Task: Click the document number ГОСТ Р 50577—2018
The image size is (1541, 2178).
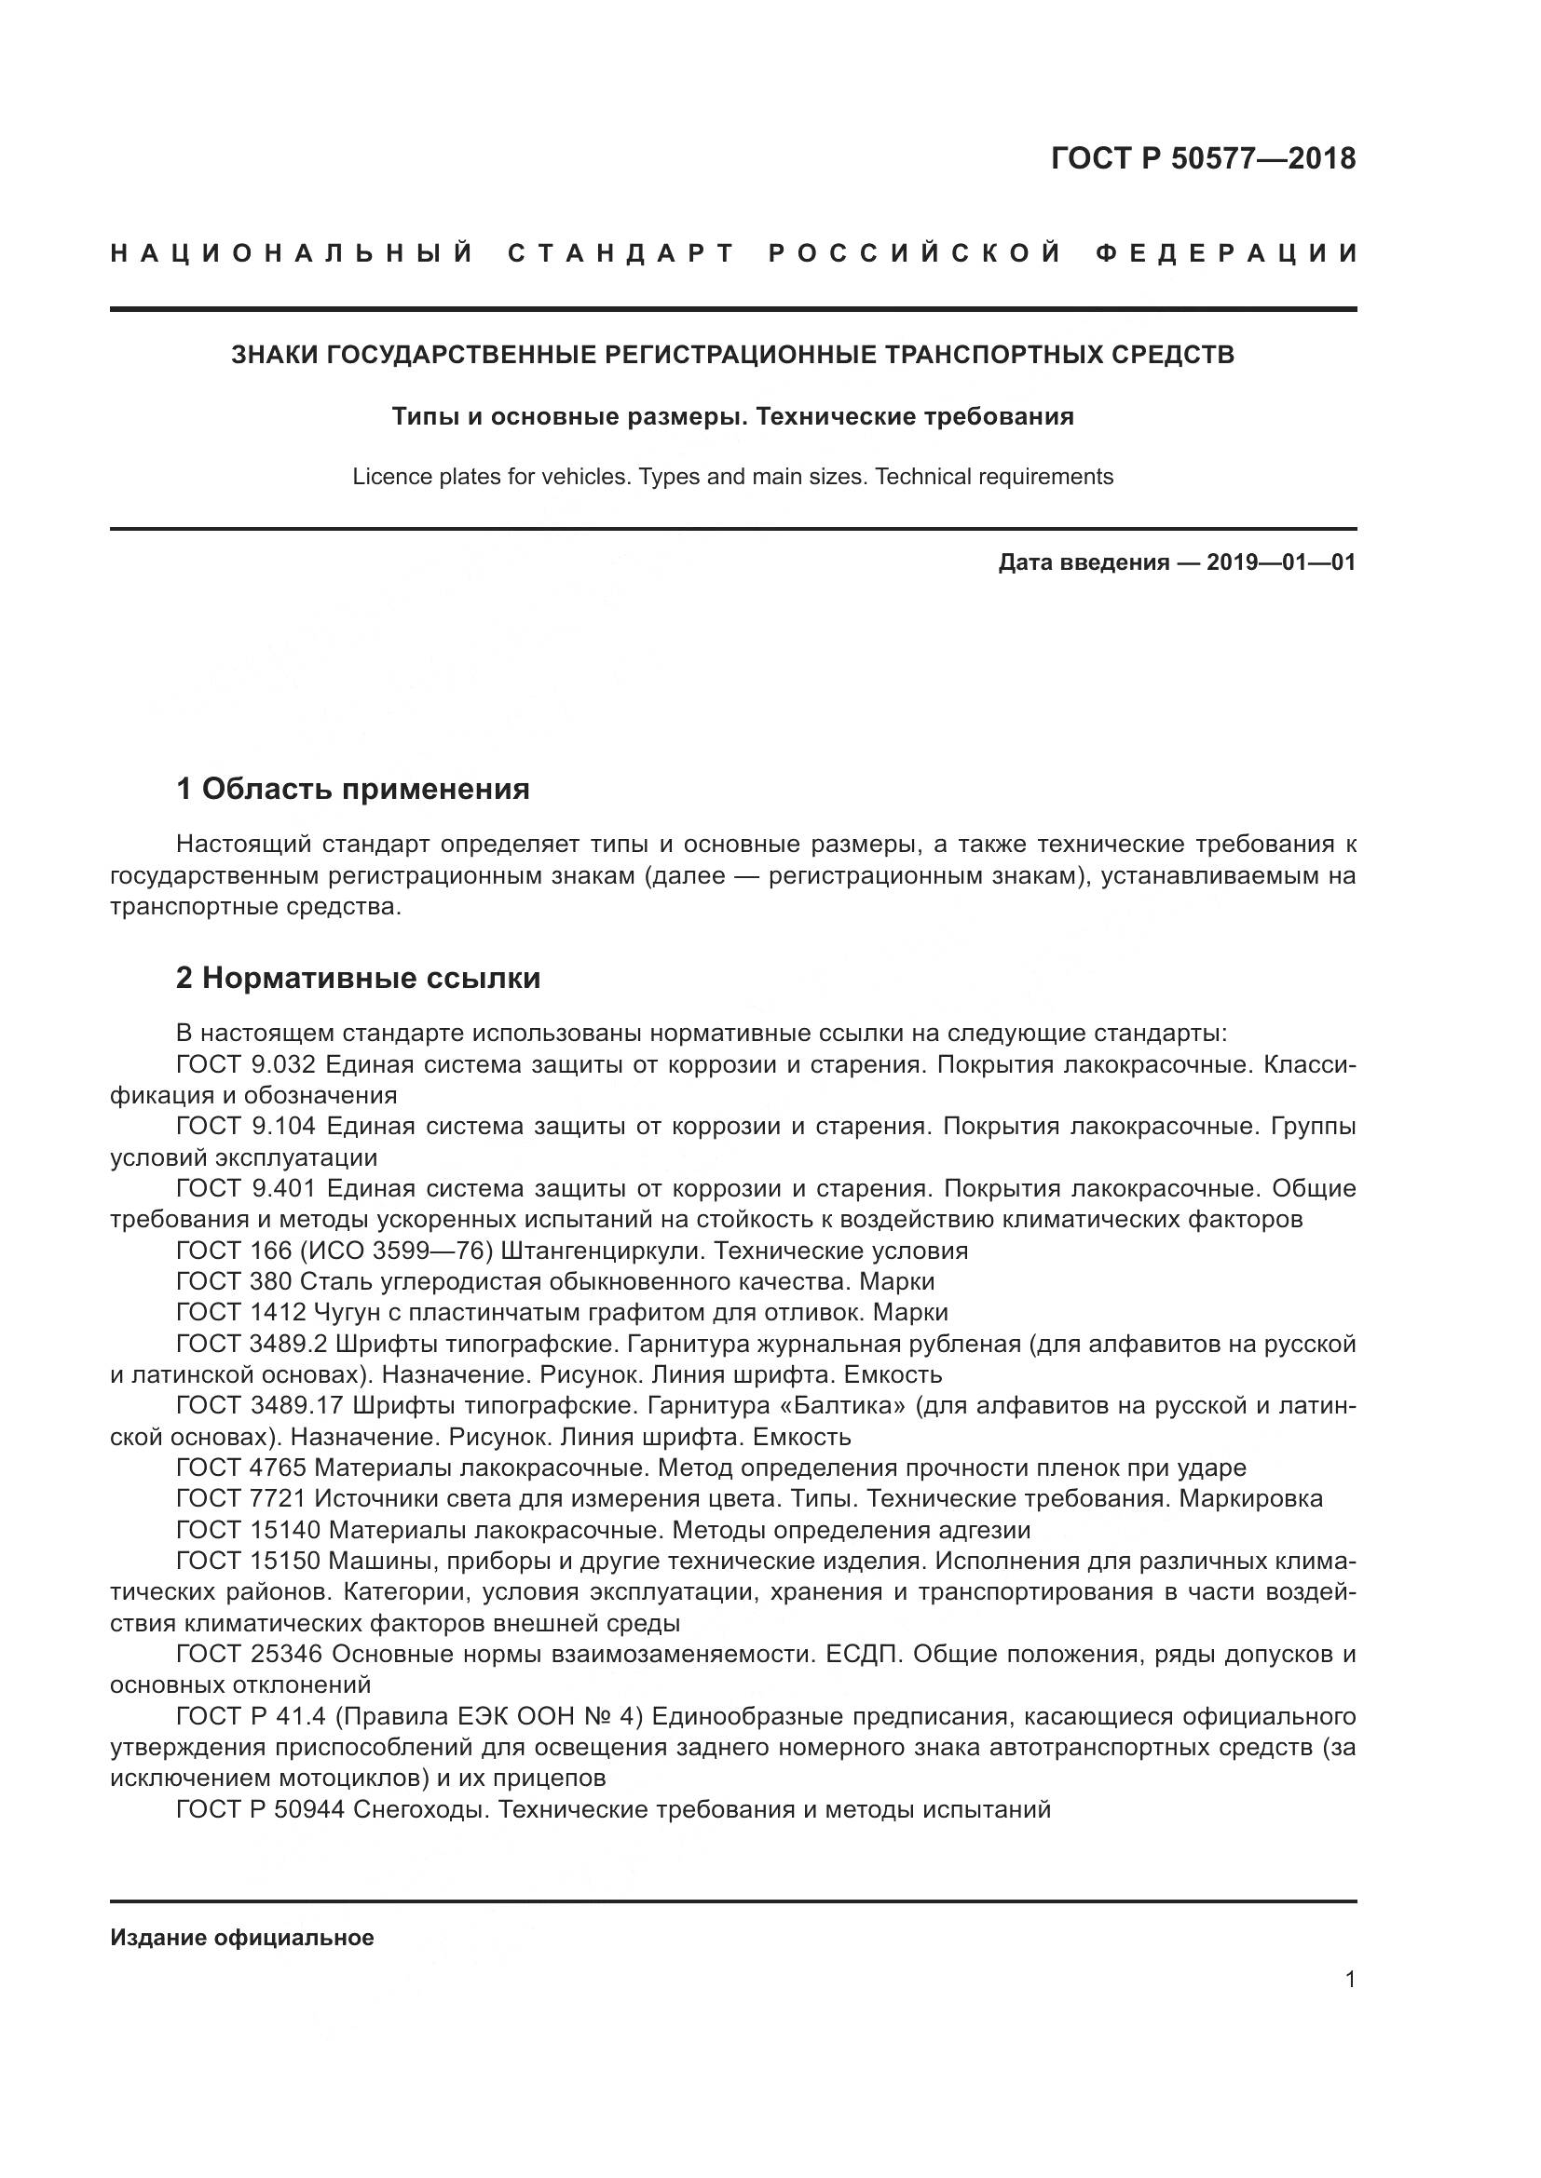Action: [1203, 158]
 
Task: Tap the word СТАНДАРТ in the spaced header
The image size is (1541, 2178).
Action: [621, 253]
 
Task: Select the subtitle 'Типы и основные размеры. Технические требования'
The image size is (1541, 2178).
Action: [732, 416]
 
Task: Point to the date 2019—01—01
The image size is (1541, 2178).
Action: [1280, 562]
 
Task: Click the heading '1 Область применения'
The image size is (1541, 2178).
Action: [353, 789]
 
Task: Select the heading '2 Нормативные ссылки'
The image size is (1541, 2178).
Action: [358, 977]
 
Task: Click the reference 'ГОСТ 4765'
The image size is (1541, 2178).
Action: [241, 1468]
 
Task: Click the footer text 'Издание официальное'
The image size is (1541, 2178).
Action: [242, 1938]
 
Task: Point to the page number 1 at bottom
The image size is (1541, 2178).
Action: [1350, 1980]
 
